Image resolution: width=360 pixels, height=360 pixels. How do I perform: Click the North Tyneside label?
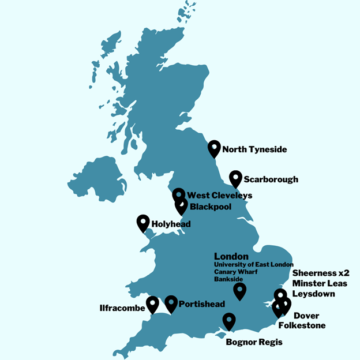pyautogui.click(x=254, y=150)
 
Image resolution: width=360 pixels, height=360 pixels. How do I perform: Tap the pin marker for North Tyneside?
pyautogui.click(x=215, y=148)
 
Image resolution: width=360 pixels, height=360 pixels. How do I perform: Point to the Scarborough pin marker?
pyautogui.click(x=235, y=178)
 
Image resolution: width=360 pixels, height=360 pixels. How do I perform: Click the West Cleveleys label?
pyautogui.click(x=219, y=196)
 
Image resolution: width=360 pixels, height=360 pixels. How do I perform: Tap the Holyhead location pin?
pyautogui.click(x=143, y=222)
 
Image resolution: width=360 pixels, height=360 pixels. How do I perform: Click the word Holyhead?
pyautogui.click(x=171, y=223)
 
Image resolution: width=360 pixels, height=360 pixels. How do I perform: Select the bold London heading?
pyautogui.click(x=231, y=256)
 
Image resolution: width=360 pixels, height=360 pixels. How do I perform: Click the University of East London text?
pyautogui.click(x=253, y=264)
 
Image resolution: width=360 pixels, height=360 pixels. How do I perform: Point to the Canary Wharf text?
pyautogui.click(x=236, y=271)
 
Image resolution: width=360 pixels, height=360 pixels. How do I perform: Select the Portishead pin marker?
pyautogui.click(x=171, y=303)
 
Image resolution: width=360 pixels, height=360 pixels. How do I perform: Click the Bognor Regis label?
pyautogui.click(x=254, y=342)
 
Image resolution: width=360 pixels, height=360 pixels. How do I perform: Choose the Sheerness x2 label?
pyautogui.click(x=321, y=273)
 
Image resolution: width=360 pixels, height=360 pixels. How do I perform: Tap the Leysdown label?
pyautogui.click(x=313, y=293)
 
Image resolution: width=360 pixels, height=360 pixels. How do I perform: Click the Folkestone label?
pyautogui.click(x=302, y=325)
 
